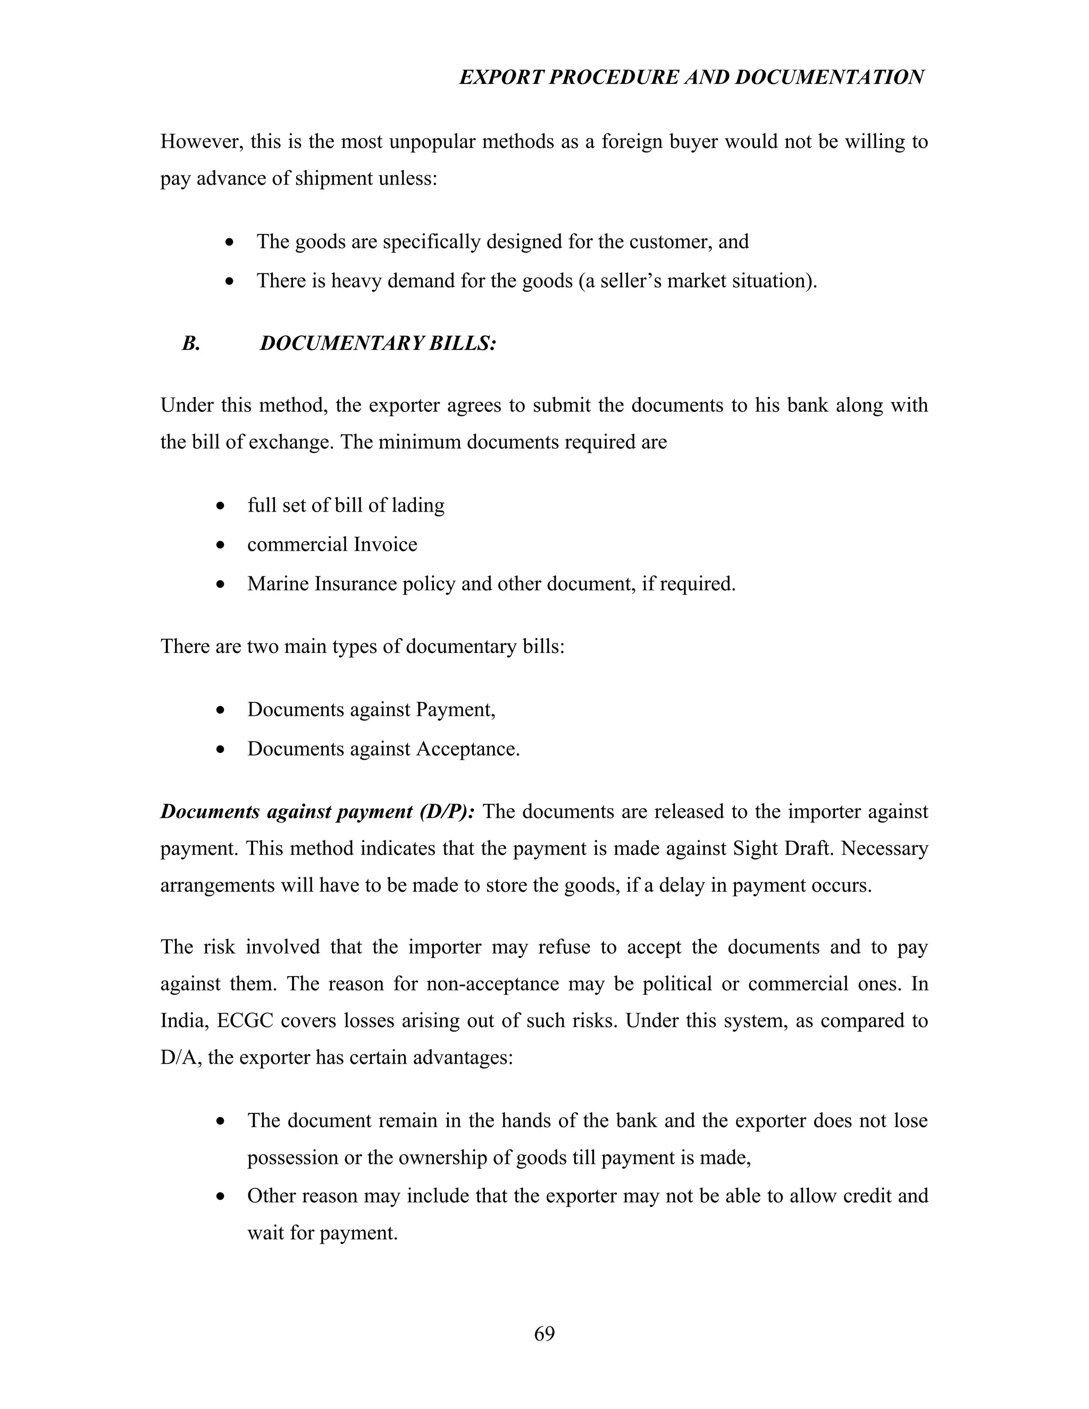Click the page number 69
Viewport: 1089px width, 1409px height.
pos(544,1333)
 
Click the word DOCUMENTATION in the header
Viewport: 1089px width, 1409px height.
pos(829,78)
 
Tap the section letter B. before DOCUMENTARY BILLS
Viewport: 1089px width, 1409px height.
pos(191,343)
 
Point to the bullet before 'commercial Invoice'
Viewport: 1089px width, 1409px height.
pos(221,545)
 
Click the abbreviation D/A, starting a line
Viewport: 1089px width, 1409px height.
pos(180,1058)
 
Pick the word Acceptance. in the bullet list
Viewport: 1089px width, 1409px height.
pos(468,749)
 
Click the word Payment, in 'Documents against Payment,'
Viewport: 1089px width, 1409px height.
pos(456,710)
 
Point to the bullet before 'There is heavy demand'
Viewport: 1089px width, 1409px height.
pos(230,282)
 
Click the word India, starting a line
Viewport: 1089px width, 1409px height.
pos(184,1021)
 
